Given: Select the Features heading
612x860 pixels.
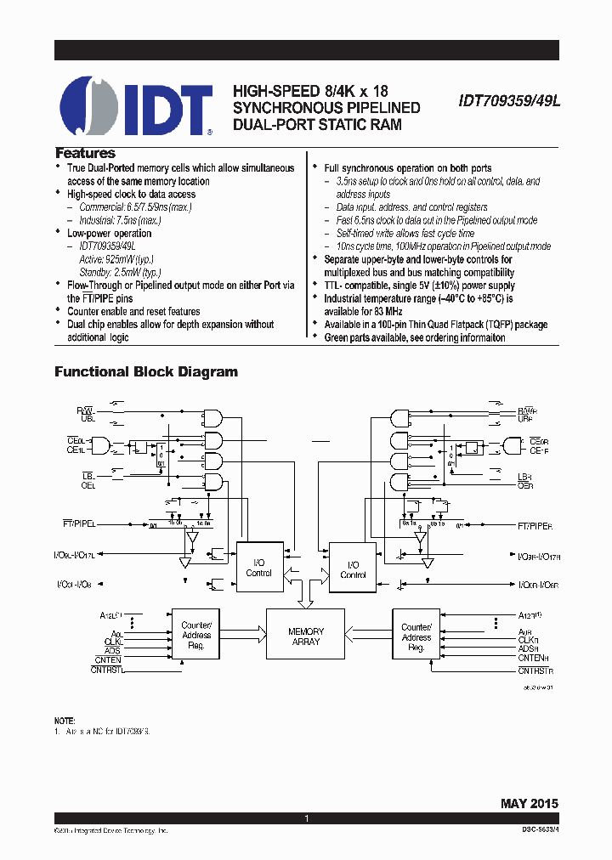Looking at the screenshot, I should pos(85,154).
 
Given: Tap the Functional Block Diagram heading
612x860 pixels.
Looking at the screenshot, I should pos(146,372).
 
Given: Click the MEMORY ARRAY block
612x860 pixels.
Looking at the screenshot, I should pos(306,637).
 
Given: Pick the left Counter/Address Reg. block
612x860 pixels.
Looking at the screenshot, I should pos(196,636).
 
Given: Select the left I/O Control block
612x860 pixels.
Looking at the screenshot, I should pos(258,568).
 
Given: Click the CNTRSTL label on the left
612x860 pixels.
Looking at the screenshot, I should pos(107,670).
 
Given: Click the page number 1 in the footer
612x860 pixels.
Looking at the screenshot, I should pos(306,818).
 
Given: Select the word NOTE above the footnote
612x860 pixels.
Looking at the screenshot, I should pos(65,720).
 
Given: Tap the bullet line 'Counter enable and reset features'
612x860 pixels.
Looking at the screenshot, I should pos(133,311).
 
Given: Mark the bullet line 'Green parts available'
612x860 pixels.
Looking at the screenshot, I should pos(415,337).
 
